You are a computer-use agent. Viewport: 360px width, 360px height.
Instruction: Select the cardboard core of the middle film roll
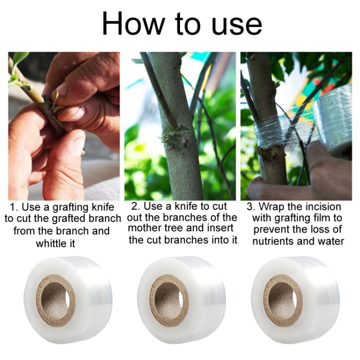click(x=169, y=300)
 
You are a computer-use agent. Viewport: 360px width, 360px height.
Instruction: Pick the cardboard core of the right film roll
click(x=283, y=300)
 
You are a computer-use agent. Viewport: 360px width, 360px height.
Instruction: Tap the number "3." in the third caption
click(x=251, y=206)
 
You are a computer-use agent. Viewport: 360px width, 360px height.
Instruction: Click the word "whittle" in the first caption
click(x=51, y=243)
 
